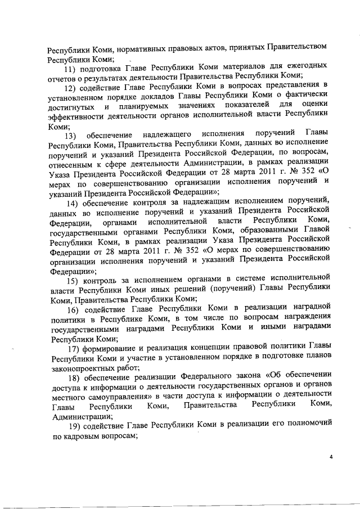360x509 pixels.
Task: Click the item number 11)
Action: tap(71, 69)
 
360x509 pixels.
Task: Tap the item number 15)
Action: tap(74, 281)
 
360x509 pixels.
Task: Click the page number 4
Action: tap(332, 456)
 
